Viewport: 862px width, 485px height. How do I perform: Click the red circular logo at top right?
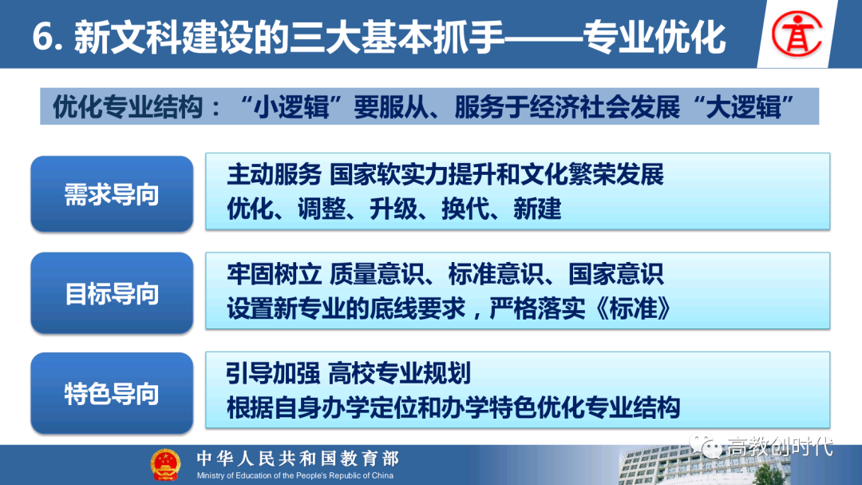click(x=797, y=34)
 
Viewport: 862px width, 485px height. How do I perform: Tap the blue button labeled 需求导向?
click(x=113, y=194)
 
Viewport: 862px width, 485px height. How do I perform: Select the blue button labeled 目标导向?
click(x=113, y=293)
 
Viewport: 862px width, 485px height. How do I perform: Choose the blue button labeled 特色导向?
click(x=113, y=393)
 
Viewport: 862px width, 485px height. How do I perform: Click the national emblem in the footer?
click(x=165, y=465)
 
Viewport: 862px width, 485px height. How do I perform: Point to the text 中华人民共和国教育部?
click(x=298, y=459)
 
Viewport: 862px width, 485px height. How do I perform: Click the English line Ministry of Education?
click(x=295, y=475)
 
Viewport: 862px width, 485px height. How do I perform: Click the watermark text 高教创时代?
click(x=780, y=447)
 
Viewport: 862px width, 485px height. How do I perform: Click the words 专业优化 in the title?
click(x=654, y=38)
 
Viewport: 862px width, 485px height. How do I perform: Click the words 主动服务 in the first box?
click(x=274, y=174)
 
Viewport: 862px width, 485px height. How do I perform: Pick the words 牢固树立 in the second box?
click(x=274, y=274)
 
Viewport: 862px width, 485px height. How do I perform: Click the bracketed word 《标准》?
click(x=633, y=309)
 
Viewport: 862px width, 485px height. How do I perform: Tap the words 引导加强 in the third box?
click(x=273, y=373)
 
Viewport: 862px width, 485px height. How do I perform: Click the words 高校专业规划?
click(x=400, y=373)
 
